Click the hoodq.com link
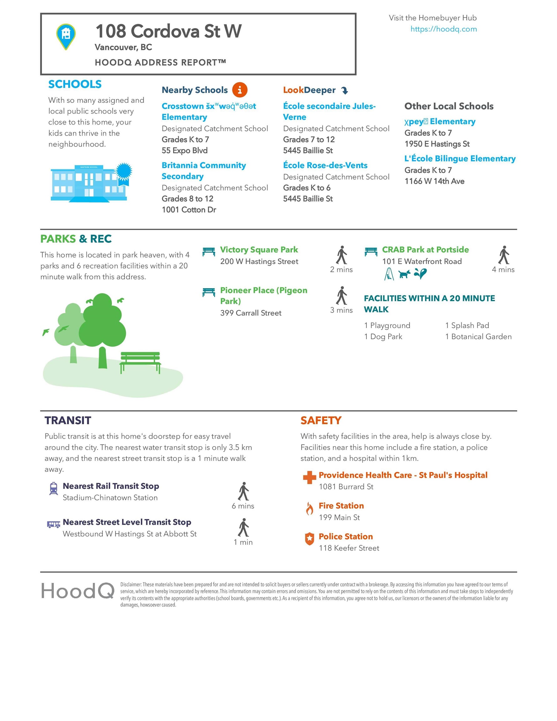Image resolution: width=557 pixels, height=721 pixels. click(x=443, y=29)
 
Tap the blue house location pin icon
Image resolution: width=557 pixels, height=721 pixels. click(x=66, y=36)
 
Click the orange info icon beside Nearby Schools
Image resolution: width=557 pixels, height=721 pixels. click(x=240, y=90)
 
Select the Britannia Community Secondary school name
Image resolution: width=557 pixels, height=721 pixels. click(x=203, y=171)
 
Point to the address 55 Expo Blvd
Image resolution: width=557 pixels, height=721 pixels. click(x=185, y=151)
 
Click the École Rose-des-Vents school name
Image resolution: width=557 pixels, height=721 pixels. click(x=325, y=166)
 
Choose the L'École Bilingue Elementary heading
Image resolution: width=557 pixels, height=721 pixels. click(x=460, y=159)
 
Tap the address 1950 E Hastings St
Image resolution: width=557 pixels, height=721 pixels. click(x=437, y=144)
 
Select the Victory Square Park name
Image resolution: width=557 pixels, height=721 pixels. click(x=259, y=250)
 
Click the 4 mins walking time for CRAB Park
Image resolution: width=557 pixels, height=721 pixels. click(x=503, y=270)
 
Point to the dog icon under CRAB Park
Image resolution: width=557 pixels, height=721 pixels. click(x=404, y=274)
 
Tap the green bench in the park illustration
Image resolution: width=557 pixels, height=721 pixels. click(x=140, y=361)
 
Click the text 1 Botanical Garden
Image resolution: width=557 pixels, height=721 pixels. click(x=478, y=337)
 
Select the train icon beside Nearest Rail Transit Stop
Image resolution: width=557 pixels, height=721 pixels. click(x=54, y=488)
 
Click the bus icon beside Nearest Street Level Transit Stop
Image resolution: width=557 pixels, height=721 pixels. click(x=54, y=524)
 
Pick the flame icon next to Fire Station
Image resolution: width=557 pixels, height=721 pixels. click(x=309, y=509)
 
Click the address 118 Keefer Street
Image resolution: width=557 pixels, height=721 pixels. click(x=349, y=548)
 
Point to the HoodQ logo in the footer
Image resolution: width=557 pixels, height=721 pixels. click(x=78, y=591)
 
